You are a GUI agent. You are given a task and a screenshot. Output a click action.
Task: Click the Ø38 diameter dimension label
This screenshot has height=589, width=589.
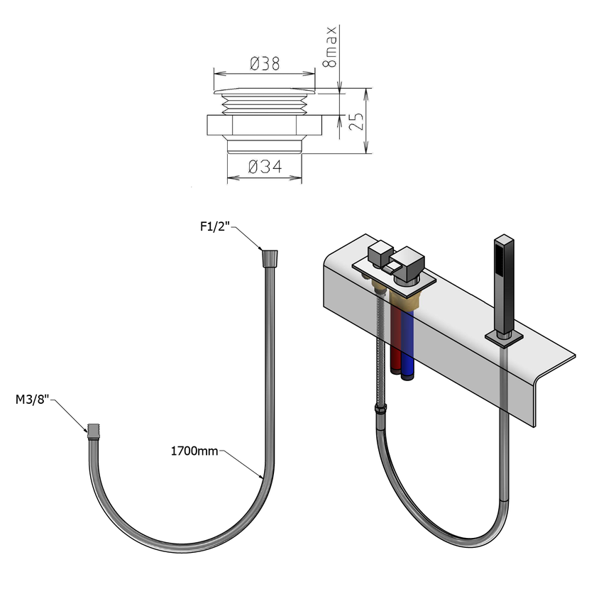coord(264,63)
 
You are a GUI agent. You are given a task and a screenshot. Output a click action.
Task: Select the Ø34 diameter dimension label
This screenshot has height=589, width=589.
coord(265,167)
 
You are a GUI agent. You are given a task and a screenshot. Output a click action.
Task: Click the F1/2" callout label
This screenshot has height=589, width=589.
coord(215,228)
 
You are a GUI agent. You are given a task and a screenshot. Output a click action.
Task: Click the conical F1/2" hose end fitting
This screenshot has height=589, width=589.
coord(269,256)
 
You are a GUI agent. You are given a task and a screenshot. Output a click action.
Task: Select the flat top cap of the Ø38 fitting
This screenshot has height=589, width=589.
coord(263,90)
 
